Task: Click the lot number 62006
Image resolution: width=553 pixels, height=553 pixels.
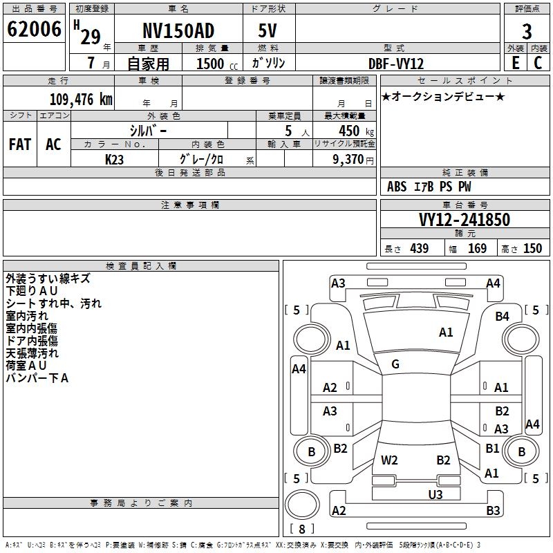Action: point(34,30)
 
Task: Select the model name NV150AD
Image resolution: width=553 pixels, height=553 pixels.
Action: point(178,31)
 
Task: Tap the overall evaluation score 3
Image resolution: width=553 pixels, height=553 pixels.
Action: point(527,31)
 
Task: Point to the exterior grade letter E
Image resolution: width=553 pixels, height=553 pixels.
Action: point(515,62)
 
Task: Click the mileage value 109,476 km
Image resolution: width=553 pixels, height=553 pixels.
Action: point(81,99)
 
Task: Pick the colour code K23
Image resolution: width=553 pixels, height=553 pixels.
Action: point(115,158)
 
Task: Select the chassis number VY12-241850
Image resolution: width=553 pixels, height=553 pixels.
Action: point(465,220)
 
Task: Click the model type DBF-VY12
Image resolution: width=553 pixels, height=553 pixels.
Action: point(396,63)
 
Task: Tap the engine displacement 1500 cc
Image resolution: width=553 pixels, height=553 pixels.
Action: point(212,64)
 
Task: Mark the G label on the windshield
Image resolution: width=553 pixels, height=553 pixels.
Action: point(395,364)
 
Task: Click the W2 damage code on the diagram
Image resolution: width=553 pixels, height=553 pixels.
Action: point(389,460)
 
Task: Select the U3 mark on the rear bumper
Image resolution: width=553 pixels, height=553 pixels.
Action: point(435,494)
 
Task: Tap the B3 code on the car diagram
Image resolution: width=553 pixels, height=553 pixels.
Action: point(492,510)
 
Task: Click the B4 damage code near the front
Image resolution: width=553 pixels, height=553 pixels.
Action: point(502,316)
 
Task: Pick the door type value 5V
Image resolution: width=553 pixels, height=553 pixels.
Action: point(268,31)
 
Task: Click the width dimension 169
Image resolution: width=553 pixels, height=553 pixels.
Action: point(477,248)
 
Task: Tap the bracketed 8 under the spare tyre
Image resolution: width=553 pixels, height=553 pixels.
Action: point(301,529)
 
